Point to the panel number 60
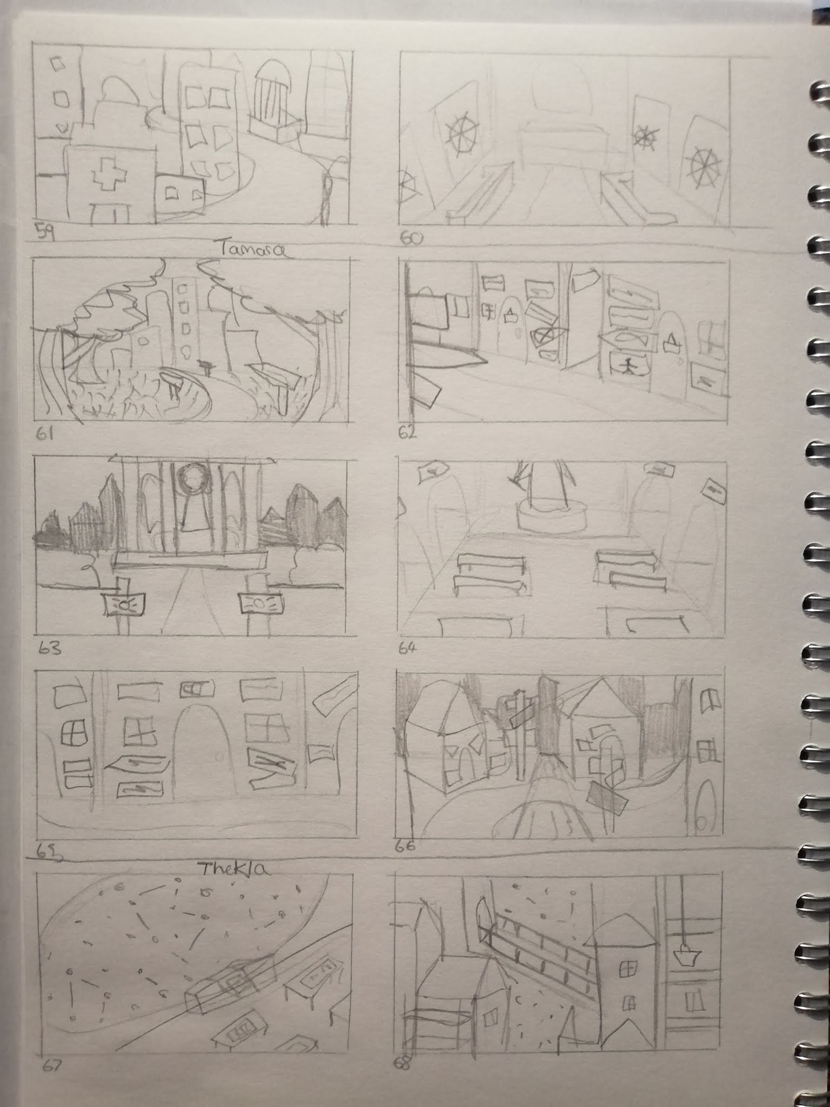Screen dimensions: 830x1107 [411, 237]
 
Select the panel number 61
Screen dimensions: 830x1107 [44, 434]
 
